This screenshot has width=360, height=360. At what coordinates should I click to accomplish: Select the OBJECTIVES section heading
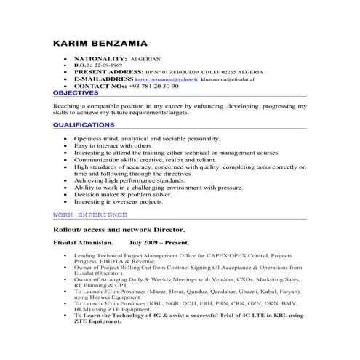(76, 93)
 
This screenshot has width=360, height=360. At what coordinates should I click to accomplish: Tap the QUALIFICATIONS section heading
(84, 125)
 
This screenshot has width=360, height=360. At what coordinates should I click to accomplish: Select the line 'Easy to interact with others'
(109, 145)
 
